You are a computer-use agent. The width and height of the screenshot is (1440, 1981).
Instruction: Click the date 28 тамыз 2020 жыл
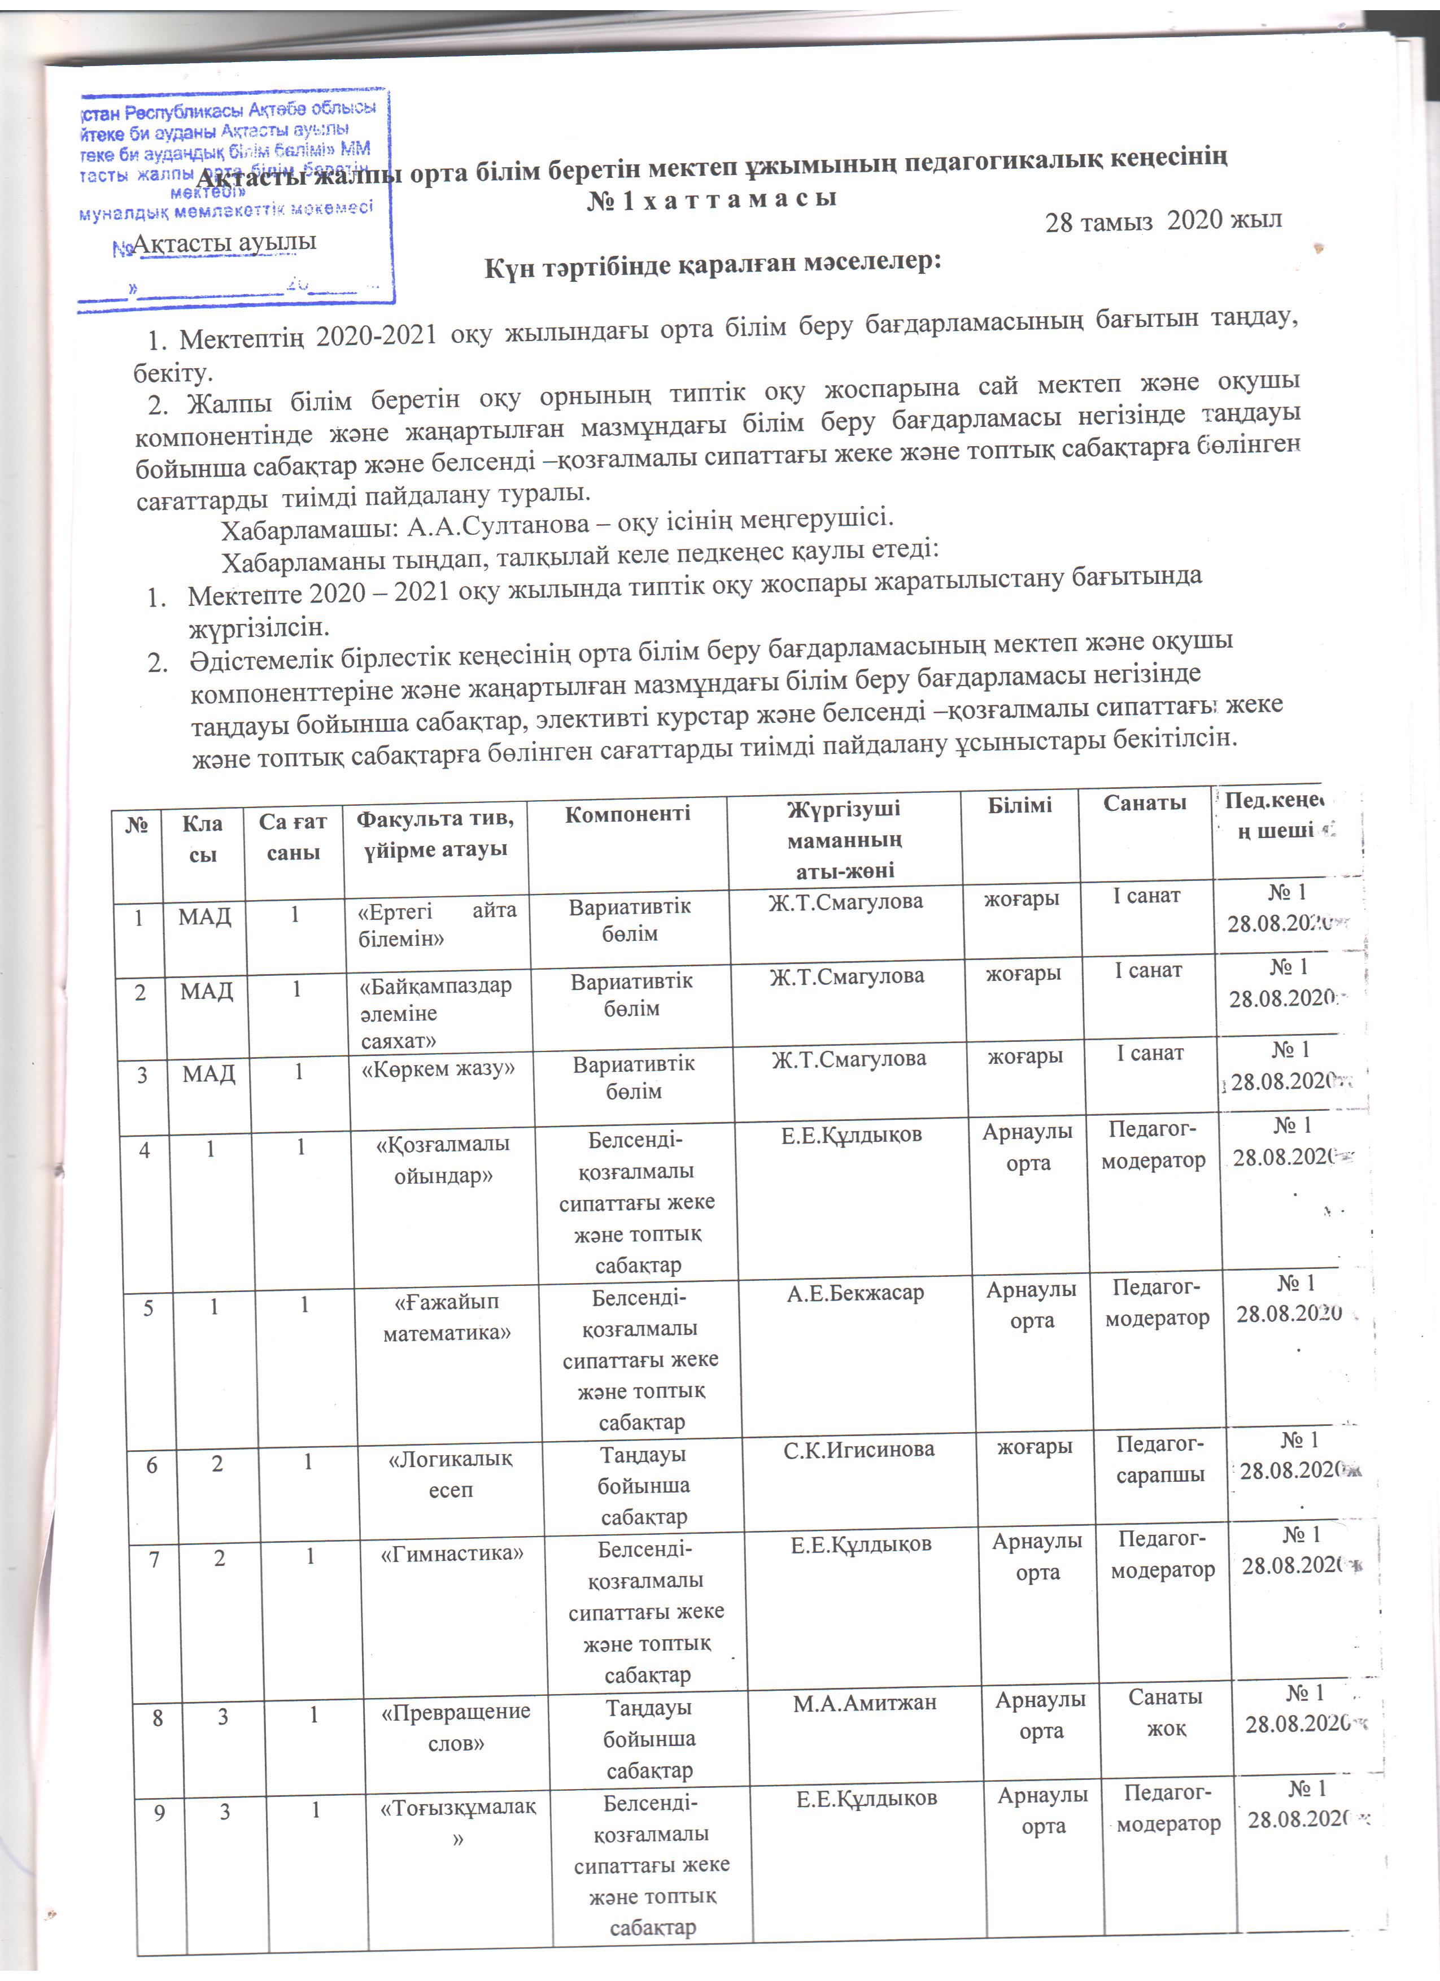click(1163, 220)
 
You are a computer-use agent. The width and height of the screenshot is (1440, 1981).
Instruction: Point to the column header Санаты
click(1144, 802)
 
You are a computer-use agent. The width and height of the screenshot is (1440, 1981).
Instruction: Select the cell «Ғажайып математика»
click(447, 1316)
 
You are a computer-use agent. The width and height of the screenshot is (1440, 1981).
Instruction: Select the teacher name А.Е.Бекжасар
click(855, 1293)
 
